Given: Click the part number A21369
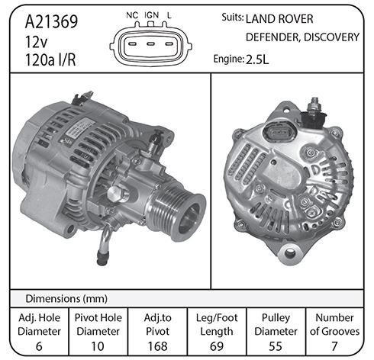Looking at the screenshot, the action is (51, 21).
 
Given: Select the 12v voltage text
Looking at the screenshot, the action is (36, 42).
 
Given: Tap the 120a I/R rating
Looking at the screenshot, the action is (50, 60).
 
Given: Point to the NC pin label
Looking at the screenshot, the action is (132, 15).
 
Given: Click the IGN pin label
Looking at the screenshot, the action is (151, 15).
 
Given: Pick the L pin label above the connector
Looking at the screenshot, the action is (169, 15).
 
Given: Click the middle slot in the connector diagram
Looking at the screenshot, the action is (151, 44).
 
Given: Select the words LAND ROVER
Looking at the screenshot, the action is (279, 19).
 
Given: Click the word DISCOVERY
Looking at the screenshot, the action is (331, 37).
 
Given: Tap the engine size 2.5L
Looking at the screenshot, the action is (257, 59).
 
